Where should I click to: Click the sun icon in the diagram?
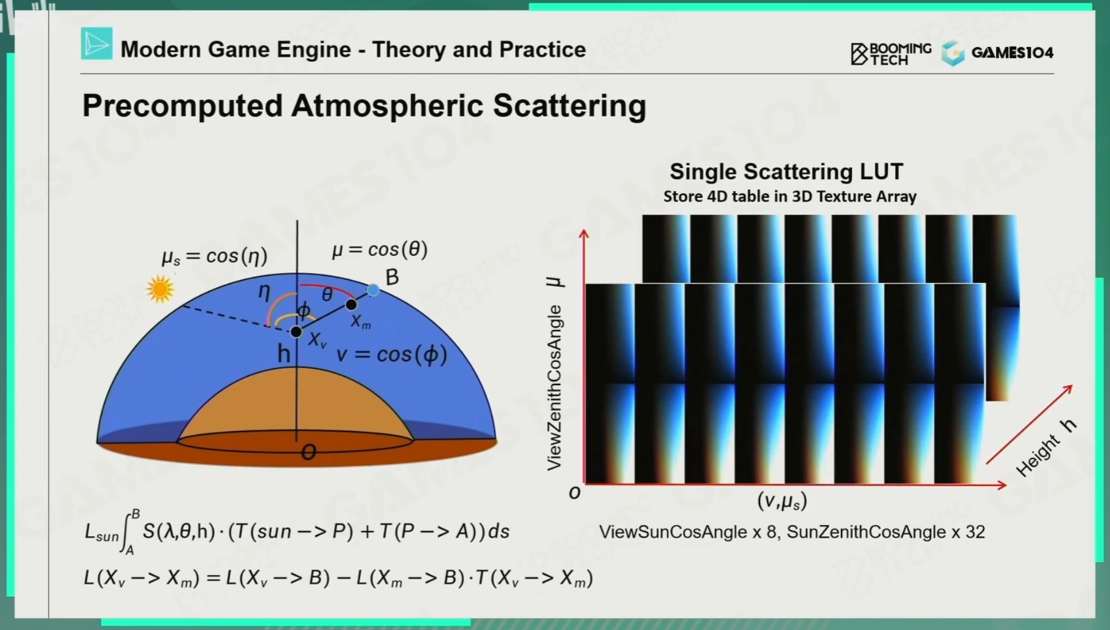pyautogui.click(x=160, y=289)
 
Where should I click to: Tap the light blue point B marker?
pyautogui.click(x=373, y=290)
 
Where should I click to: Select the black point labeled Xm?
pyautogui.click(x=351, y=304)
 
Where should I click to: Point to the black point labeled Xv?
pyautogui.click(x=296, y=331)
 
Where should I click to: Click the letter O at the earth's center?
pyautogui.click(x=308, y=452)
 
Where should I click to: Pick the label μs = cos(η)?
pyautogui.click(x=214, y=256)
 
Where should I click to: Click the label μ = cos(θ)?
pyautogui.click(x=380, y=250)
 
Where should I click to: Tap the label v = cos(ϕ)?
pyautogui.click(x=392, y=354)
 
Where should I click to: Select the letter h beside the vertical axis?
pyautogui.click(x=284, y=354)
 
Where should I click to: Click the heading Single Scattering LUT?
pyautogui.click(x=786, y=172)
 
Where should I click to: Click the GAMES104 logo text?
pyautogui.click(x=1012, y=53)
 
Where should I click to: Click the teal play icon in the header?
pyautogui.click(x=97, y=43)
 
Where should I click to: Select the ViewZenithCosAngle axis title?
pyautogui.click(x=554, y=388)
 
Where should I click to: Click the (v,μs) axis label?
pyautogui.click(x=782, y=501)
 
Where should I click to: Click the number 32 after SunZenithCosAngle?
pyautogui.click(x=975, y=532)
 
